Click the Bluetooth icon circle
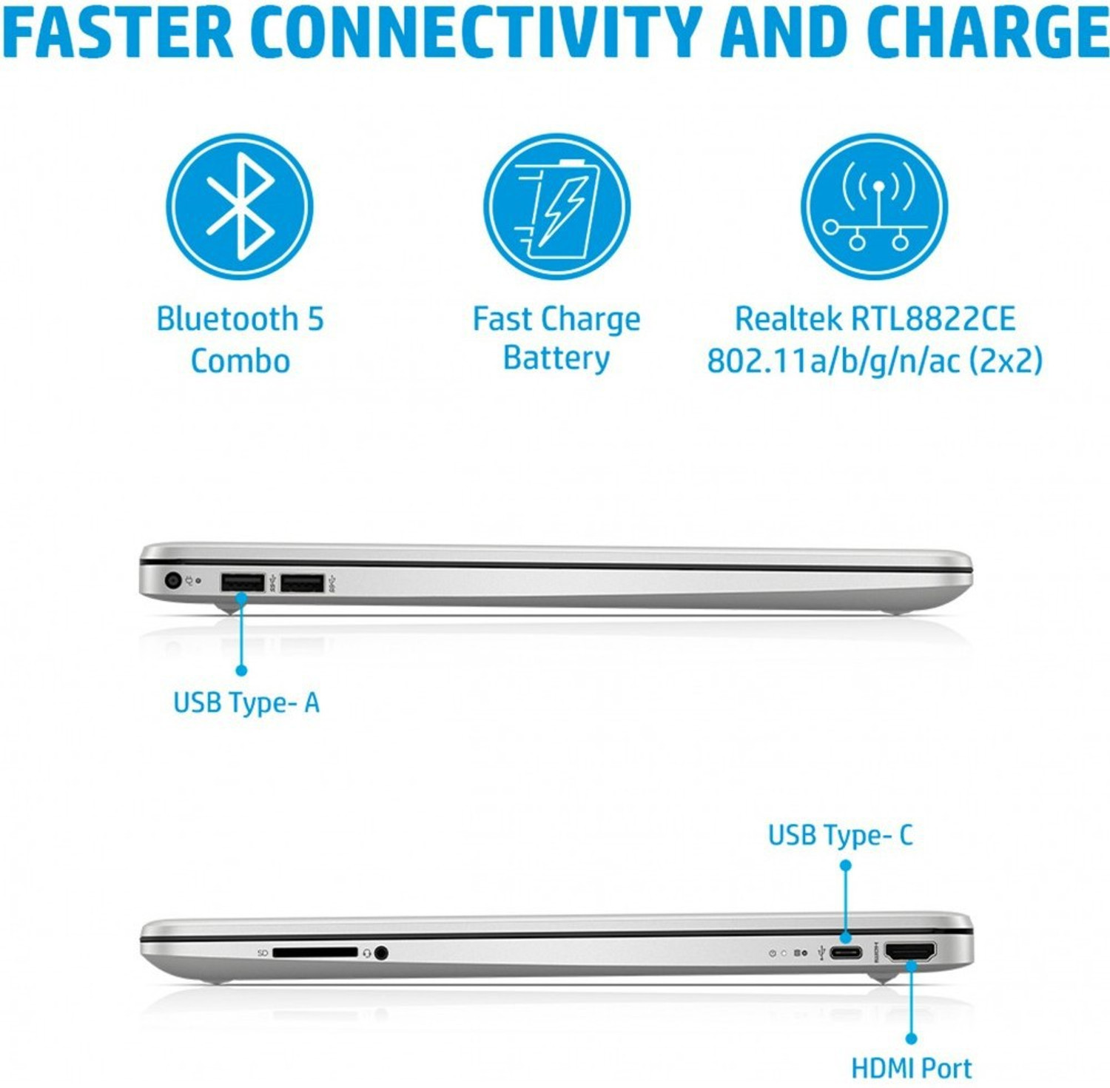point(239,206)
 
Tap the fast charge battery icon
point(556,206)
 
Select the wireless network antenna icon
point(874,206)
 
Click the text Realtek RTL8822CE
point(875,319)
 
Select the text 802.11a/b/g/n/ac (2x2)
point(875,361)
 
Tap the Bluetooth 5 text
point(240,319)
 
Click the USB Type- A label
point(246,702)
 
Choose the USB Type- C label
point(841,836)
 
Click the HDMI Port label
point(911,1068)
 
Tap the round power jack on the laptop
point(173,580)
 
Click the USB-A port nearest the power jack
point(243,583)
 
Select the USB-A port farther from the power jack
point(302,583)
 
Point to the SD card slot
point(314,953)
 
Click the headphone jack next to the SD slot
point(381,953)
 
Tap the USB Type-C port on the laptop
point(846,953)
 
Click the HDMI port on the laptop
point(910,952)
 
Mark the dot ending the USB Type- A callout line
point(241,670)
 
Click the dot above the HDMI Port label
point(911,1038)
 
